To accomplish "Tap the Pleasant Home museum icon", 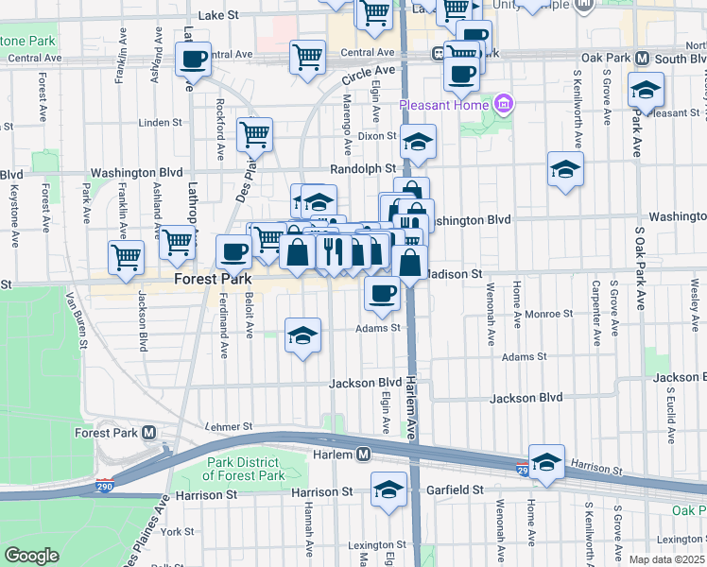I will point(504,102).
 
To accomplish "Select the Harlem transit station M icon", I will point(363,455).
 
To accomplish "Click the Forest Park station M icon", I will point(149,433).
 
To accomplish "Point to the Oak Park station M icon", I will point(642,58).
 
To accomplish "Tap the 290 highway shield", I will point(523,469).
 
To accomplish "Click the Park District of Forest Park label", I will point(244,469).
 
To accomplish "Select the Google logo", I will point(31,556).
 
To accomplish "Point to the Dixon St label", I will point(376,136).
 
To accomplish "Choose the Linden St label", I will point(159,123).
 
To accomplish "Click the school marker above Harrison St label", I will point(546,461).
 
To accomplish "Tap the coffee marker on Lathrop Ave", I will point(193,59).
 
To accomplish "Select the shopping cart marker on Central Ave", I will point(307,56).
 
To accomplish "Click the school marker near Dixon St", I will point(417,142).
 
